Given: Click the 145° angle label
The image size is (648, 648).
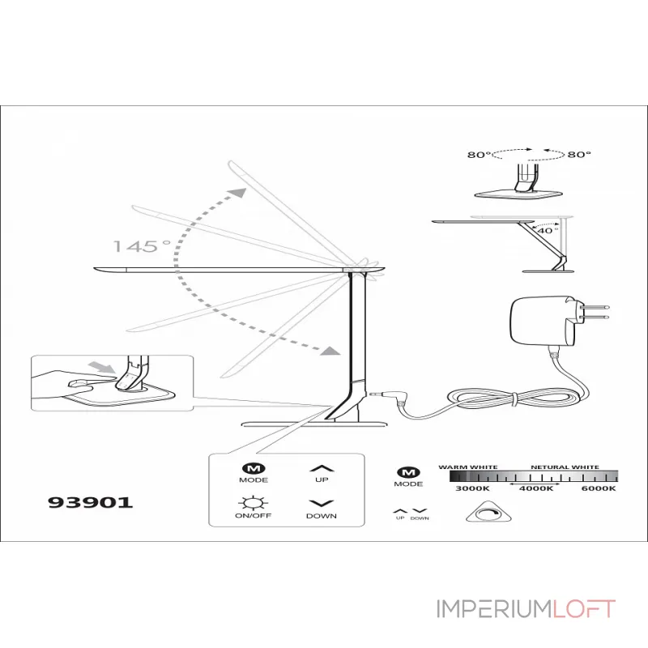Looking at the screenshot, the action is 142,246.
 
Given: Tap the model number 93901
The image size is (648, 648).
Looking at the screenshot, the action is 90,502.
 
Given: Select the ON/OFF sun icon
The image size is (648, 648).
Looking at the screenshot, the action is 253,502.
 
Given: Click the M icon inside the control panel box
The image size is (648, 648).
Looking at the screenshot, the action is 254,469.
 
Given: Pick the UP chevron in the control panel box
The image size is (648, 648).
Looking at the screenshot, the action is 322,469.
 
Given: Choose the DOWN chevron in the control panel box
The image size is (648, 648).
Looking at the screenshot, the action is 322,503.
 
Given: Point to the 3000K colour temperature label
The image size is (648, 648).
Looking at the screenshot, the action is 472,488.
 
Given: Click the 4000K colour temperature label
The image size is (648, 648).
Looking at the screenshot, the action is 536,488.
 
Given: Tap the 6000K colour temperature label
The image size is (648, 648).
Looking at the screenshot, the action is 599,488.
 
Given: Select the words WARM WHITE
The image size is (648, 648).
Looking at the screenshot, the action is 468,467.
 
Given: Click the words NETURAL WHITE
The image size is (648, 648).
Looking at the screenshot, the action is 565,467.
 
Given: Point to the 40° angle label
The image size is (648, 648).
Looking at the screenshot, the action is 548,231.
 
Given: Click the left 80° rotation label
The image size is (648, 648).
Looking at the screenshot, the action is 479,155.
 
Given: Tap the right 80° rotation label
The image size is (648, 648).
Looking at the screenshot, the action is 579,155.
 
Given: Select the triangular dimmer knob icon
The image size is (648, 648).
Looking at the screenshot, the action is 488,513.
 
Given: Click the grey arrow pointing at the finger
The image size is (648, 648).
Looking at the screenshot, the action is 102,367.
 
